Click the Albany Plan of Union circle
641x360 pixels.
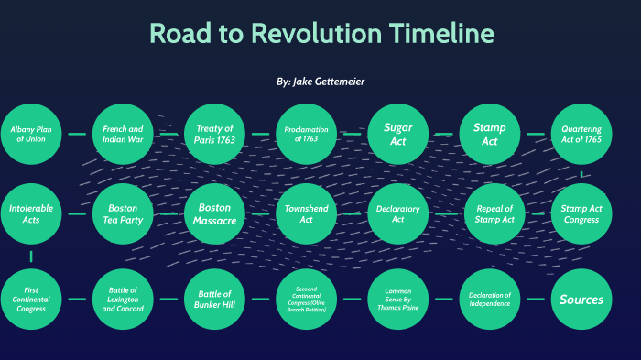coord(31,135)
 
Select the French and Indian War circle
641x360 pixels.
coord(123,135)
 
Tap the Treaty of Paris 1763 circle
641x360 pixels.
coord(214,135)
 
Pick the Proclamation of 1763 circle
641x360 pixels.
coord(306,135)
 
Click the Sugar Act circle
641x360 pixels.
coord(397,135)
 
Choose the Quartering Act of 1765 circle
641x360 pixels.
coord(581,135)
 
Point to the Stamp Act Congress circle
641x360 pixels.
coord(581,214)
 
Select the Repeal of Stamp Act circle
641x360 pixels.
coord(494,214)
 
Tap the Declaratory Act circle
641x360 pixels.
coord(397,214)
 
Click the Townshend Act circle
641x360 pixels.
coord(306,214)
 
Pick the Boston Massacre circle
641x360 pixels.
coord(214,214)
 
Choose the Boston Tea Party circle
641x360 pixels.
coord(123,214)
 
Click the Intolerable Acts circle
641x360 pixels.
coord(31,214)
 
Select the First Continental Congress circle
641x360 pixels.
coord(31,299)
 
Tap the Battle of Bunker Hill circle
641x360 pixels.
coord(214,299)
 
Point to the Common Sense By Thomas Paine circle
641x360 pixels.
coord(397,299)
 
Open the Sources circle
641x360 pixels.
coord(581,299)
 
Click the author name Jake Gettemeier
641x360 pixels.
coord(329,82)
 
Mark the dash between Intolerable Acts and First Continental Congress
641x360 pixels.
coord(31,256)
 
